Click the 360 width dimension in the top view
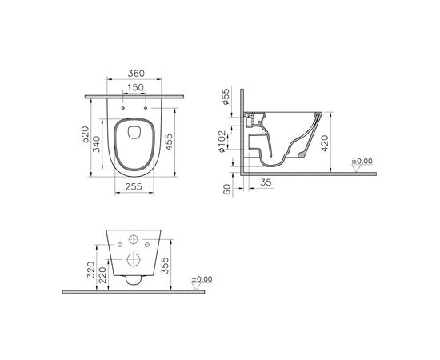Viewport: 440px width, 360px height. (x=134, y=74)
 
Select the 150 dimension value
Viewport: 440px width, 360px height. (x=134, y=87)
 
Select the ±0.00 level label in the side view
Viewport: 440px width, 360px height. (x=364, y=162)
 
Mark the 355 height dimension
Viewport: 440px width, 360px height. (x=165, y=264)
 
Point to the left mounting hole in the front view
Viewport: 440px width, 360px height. (x=119, y=245)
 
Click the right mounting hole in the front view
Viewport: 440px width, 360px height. (x=146, y=245)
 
